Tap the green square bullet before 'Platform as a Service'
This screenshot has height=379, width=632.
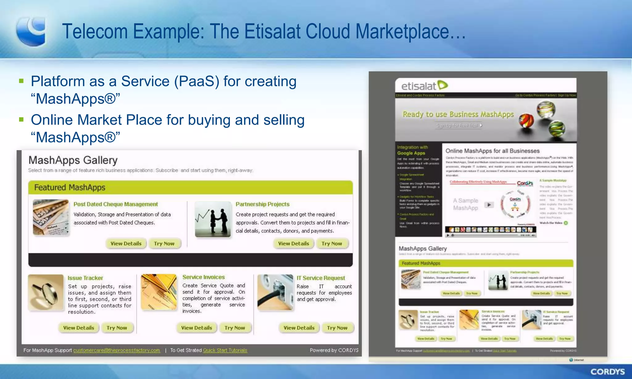21,81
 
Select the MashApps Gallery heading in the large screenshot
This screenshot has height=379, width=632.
73,160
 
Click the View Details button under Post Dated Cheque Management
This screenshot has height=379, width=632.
126,244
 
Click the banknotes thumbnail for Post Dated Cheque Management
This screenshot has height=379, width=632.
51,217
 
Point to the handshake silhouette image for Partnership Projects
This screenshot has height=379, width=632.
213,219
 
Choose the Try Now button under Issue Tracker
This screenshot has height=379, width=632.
117,328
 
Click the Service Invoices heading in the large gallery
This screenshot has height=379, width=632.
203,277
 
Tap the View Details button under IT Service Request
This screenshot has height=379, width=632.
299,328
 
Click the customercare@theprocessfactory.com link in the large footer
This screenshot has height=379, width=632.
117,350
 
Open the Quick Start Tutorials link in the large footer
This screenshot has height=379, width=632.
225,350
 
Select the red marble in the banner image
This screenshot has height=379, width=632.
526,120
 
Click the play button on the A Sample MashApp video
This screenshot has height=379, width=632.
489,205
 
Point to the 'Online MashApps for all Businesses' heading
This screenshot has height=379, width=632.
492,151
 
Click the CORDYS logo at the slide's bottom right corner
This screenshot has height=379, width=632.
607,372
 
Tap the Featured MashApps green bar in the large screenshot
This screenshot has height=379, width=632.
190,187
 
